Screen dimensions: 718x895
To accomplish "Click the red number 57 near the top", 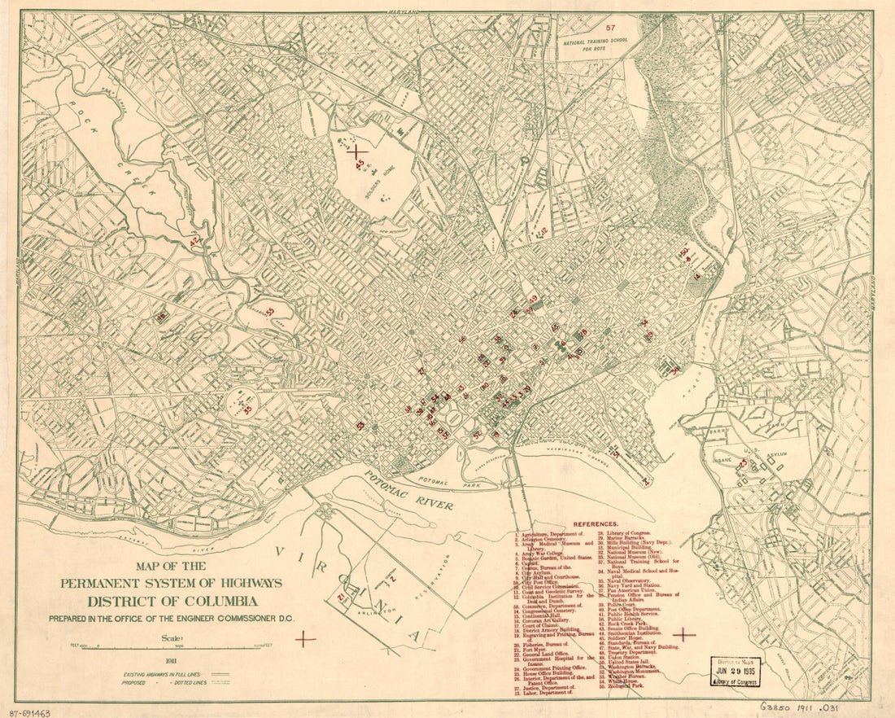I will (600, 30).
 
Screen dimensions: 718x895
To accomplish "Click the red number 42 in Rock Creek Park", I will (194, 242).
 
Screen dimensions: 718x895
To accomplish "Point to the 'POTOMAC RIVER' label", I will (408, 492).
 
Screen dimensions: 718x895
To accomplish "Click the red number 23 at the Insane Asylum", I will (742, 463).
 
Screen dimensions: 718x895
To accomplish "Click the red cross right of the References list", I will (685, 634).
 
